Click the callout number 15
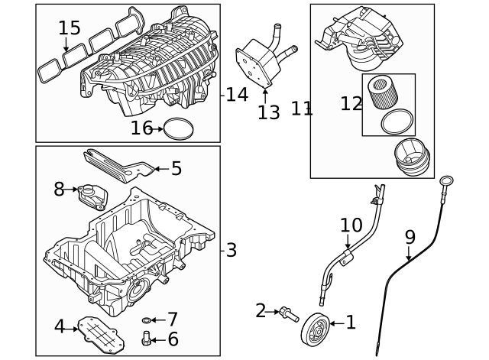(69, 28)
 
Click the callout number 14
(238, 95)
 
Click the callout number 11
(302, 109)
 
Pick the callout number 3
(232, 250)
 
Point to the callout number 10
(351, 225)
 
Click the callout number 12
(351, 103)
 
